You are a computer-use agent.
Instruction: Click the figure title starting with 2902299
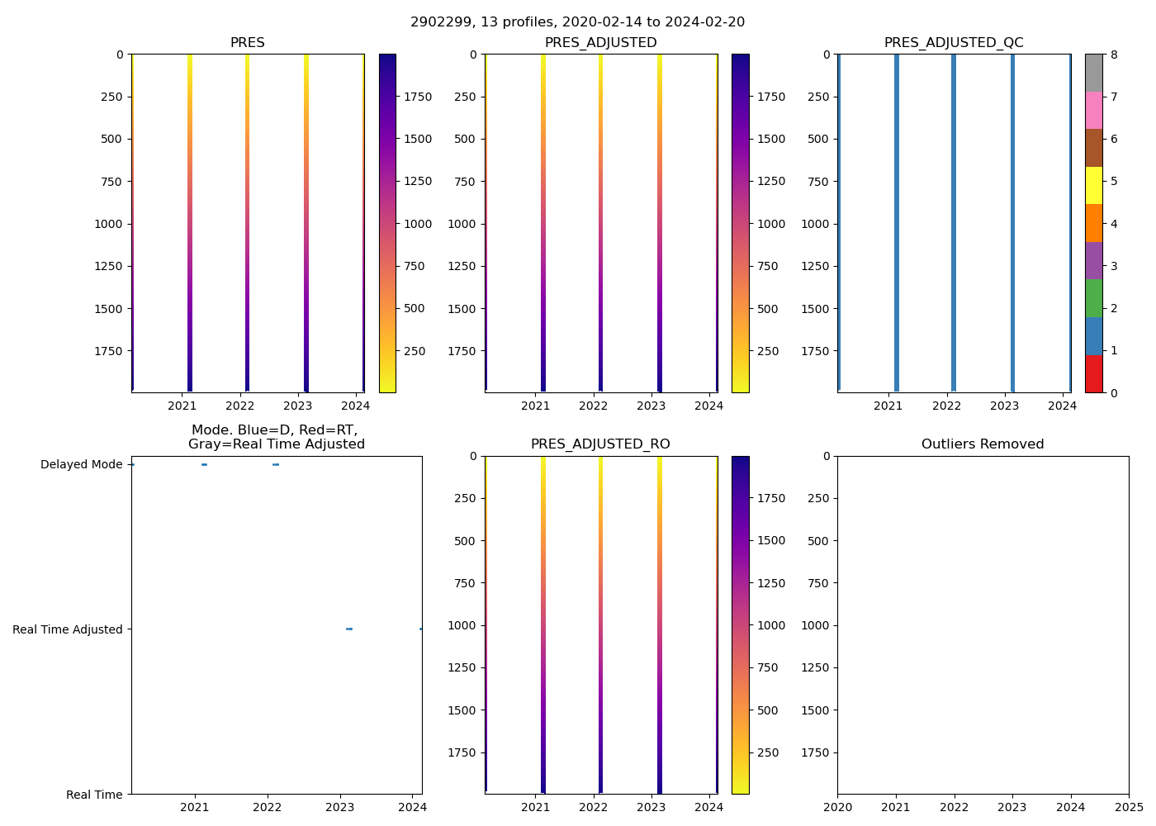[577, 22]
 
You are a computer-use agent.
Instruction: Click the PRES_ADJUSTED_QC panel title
[954, 43]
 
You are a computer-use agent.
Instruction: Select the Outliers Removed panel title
[983, 444]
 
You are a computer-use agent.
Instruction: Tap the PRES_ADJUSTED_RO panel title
[600, 444]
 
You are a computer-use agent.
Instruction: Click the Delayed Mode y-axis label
[81, 465]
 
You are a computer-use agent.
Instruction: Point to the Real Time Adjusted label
[67, 629]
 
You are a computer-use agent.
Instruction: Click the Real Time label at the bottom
[94, 795]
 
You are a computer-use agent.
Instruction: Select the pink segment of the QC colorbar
[1093, 110]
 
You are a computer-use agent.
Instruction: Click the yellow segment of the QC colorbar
[1093, 185]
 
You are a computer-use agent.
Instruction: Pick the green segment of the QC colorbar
[1093, 298]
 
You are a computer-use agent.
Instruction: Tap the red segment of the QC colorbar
[1093, 373]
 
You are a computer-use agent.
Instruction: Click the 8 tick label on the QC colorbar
[1114, 55]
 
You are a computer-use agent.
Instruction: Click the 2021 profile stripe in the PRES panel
[190, 223]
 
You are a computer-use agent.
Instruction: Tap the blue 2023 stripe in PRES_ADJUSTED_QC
[1012, 223]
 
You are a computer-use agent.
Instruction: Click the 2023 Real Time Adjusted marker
[349, 629]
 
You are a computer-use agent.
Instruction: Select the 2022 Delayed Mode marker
[276, 464]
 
